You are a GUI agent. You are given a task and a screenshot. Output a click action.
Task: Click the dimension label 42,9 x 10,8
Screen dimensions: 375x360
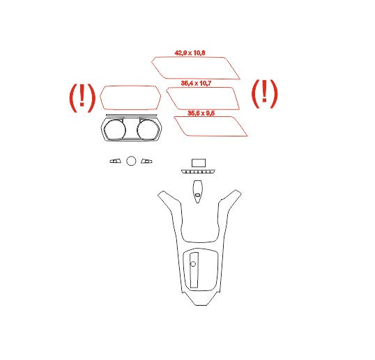190,53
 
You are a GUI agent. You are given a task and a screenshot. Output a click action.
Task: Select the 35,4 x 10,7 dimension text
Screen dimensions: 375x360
196,84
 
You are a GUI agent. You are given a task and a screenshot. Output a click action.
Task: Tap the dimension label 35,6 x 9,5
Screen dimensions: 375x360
201,113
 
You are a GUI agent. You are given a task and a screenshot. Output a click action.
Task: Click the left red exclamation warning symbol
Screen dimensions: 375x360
82,98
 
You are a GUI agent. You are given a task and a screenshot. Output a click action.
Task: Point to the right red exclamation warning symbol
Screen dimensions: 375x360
264,93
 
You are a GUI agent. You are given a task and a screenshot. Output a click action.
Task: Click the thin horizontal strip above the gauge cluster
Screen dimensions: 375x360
132,115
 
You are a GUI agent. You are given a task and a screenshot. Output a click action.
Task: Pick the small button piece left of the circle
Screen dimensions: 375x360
116,161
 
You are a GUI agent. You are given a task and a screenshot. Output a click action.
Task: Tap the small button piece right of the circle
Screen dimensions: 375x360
146,161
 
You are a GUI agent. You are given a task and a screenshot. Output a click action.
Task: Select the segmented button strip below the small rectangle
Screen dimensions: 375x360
198,171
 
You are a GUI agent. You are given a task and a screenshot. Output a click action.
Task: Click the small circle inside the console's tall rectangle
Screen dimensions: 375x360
193,264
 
